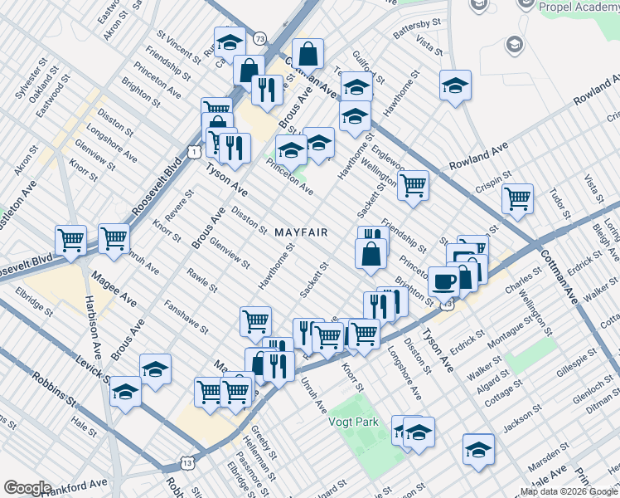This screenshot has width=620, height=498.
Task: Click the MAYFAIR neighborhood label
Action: pyautogui.click(x=301, y=232)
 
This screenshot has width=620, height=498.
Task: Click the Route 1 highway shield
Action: pyautogui.click(x=192, y=151)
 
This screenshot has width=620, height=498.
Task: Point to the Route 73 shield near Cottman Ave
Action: pyautogui.click(x=260, y=38)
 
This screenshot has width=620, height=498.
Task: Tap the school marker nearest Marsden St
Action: pyautogui.click(x=478, y=449)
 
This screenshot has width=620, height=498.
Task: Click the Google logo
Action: pyautogui.click(x=27, y=488)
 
